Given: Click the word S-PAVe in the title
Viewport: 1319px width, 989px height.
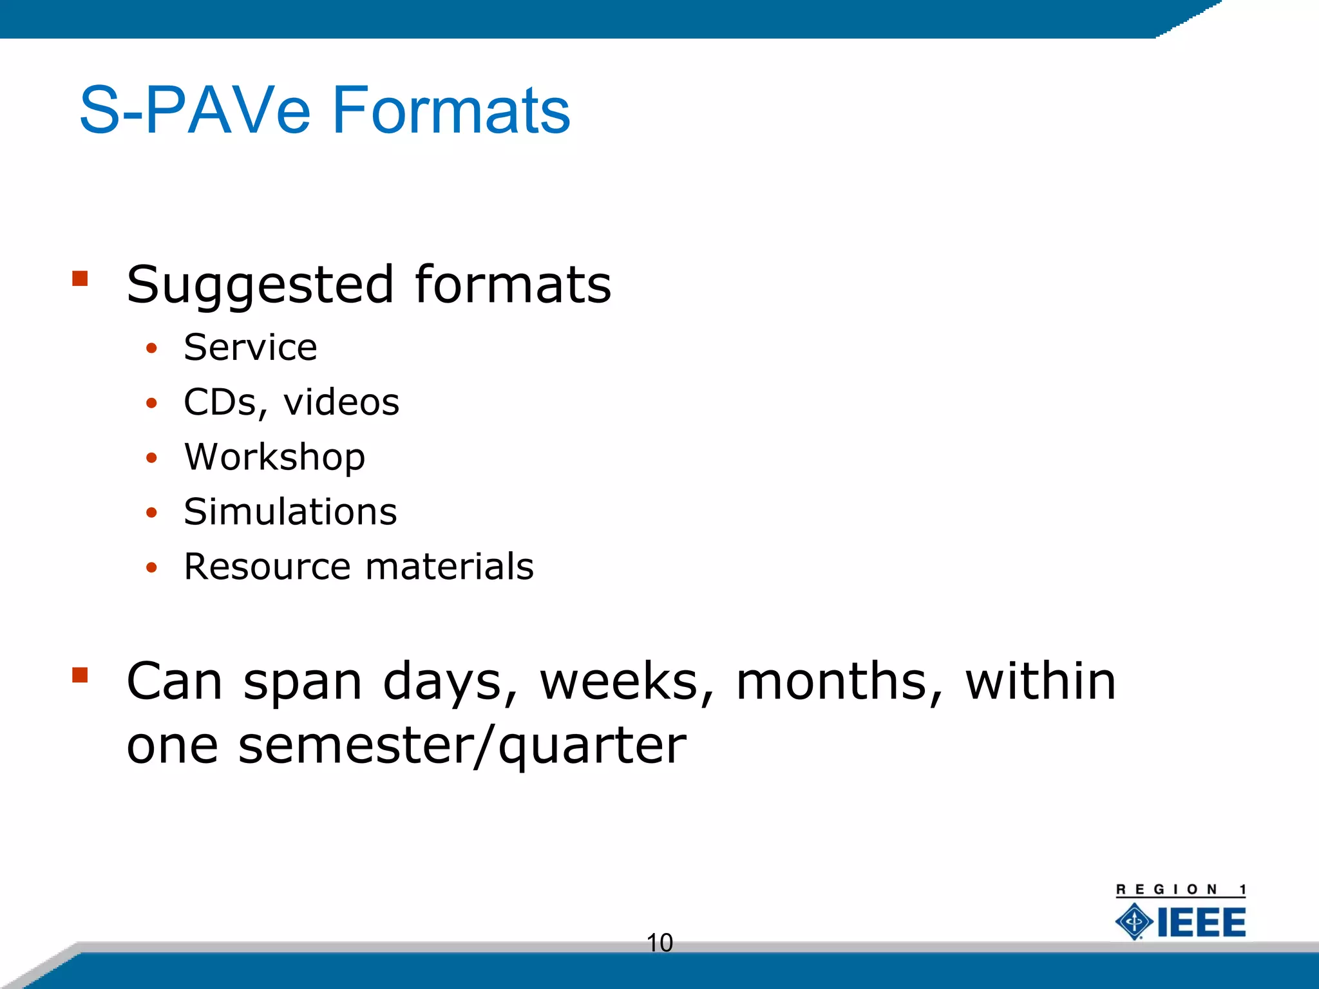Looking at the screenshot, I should [195, 111].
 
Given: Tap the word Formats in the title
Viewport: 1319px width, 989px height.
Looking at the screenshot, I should [450, 111].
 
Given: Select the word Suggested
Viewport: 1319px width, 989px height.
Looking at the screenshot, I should [260, 285].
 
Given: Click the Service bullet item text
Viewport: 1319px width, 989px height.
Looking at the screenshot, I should [251, 348].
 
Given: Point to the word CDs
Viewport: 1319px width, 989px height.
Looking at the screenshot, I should [221, 402].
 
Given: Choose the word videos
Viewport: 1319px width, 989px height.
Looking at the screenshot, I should [341, 402].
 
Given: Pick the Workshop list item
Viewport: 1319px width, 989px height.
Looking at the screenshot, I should [274, 457].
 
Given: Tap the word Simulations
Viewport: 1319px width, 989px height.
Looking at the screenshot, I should [290, 512].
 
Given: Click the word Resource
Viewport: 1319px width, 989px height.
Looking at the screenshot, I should [268, 567].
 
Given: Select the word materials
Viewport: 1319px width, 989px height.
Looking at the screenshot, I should [450, 567].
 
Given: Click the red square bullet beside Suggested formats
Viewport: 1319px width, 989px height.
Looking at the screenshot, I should [80, 278].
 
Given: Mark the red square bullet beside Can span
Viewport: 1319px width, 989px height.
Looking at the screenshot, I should [80, 674].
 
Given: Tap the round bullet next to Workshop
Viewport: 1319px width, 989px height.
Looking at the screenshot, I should [151, 458].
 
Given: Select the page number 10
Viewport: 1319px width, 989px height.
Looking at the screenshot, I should [659, 943].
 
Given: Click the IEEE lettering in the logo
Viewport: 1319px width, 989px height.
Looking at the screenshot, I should [1201, 922].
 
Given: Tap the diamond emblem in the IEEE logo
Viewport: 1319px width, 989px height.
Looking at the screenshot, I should [1134, 921].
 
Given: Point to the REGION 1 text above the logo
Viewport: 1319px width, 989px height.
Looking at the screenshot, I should [1181, 890].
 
